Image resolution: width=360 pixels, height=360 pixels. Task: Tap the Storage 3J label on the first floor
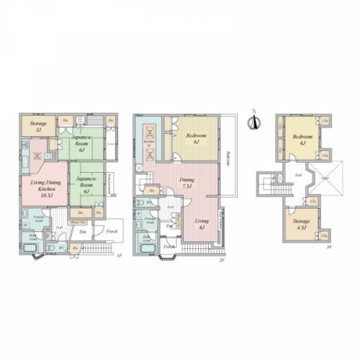coord(39,125)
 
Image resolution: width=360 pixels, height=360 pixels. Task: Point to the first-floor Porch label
coord(112,232)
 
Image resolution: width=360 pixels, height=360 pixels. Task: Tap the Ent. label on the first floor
coord(84,232)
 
